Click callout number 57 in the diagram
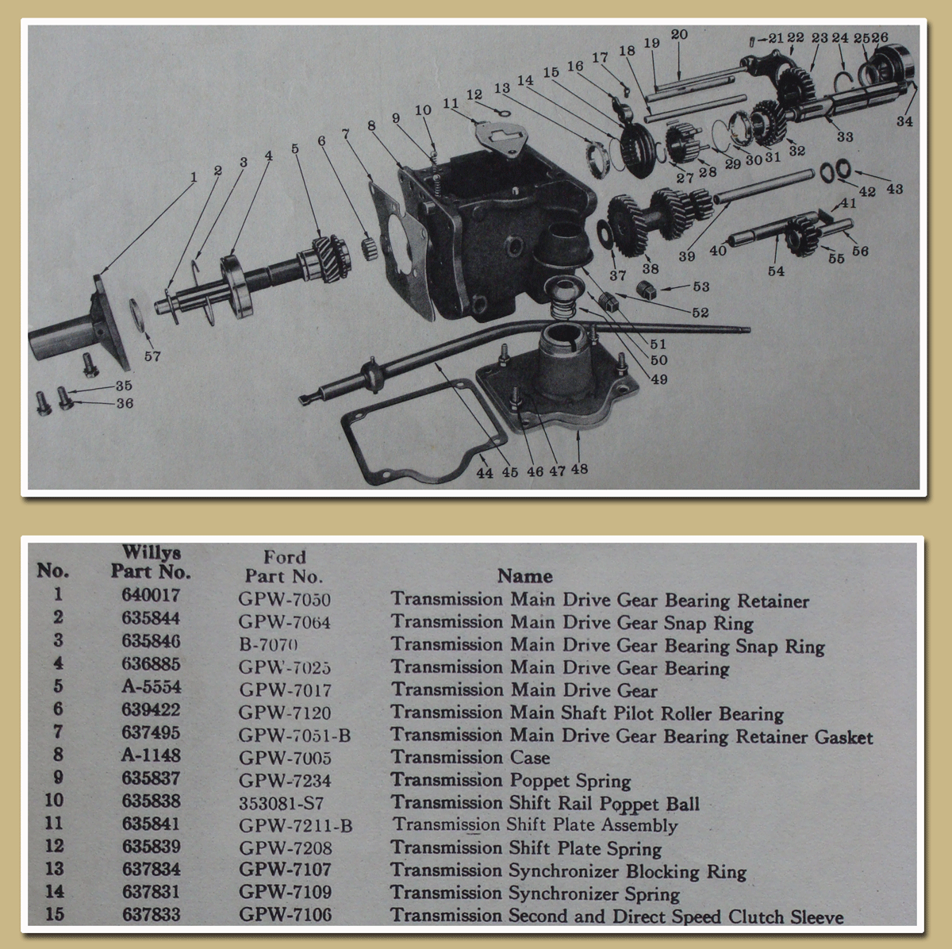152,356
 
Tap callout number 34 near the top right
904,121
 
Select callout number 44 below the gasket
485,473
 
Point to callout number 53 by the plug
701,286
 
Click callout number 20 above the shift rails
679,35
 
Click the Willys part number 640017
151,595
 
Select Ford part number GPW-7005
285,759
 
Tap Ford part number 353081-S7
281,803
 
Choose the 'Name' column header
524,576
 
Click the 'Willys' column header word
152,553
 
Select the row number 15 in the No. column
54,914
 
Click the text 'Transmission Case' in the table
470,758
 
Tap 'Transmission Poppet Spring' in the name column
510,781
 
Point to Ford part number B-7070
269,645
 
